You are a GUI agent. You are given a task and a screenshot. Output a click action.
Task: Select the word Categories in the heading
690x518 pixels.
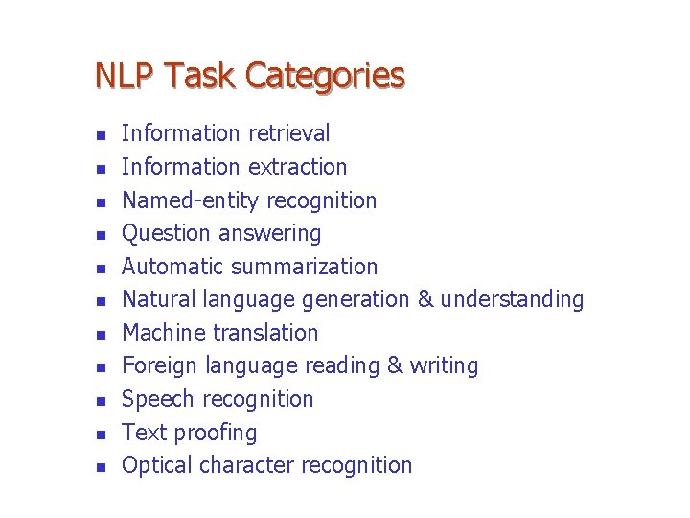coord(326,76)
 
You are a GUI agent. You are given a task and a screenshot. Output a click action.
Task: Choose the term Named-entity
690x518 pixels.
coord(192,200)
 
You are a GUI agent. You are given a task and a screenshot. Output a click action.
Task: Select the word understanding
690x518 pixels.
coord(513,299)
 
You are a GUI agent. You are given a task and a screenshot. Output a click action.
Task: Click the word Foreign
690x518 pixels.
coord(159,365)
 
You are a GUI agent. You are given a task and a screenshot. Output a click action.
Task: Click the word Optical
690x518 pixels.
coord(158,465)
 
